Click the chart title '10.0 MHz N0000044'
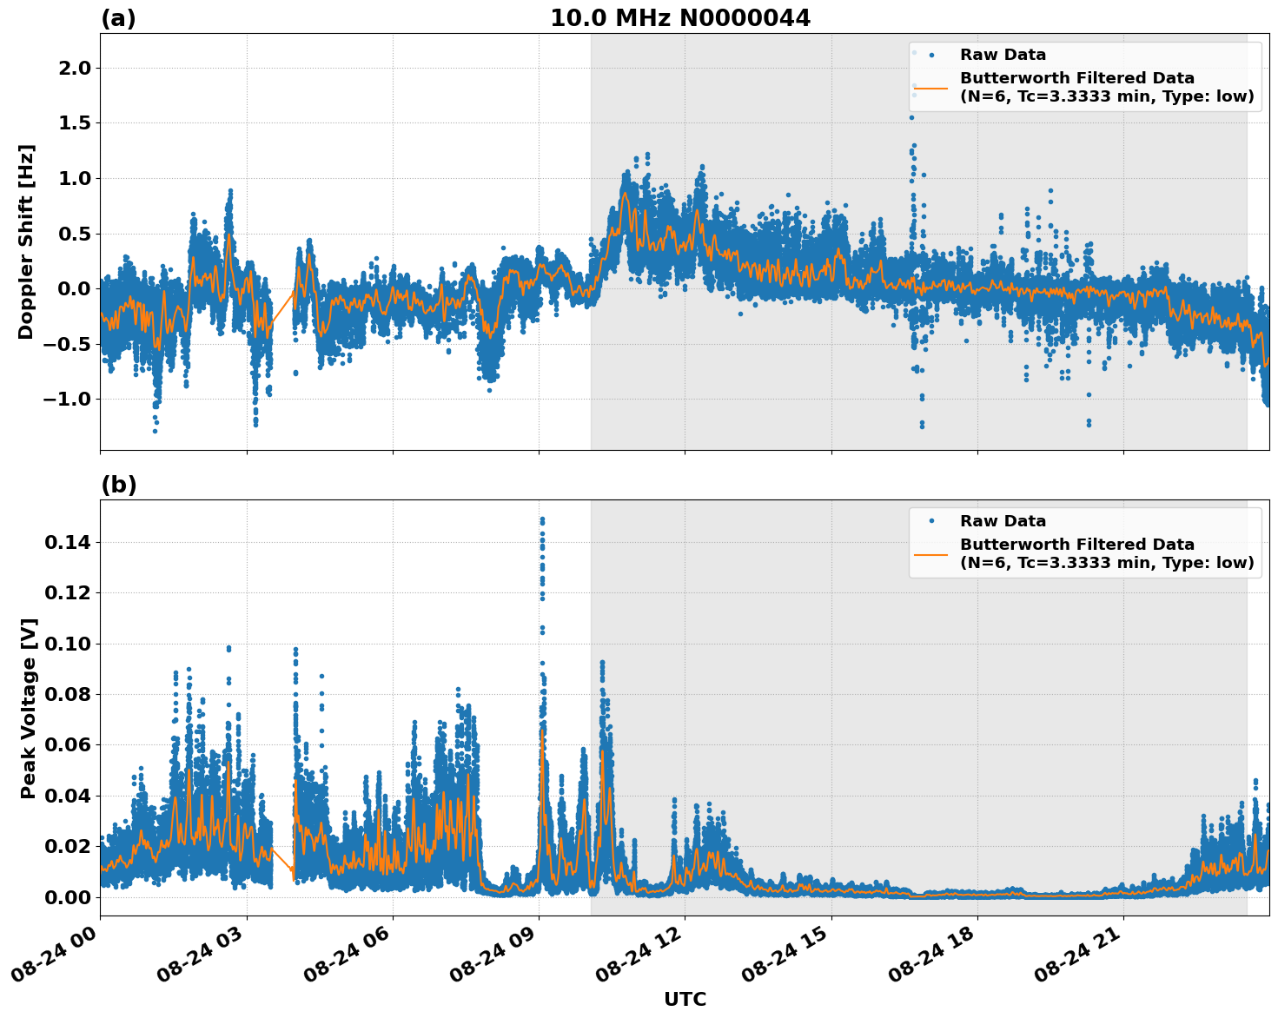[679, 18]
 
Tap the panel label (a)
[118, 18]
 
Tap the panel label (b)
[118, 485]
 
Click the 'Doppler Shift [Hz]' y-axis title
[26, 241]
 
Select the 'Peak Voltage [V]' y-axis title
[29, 708]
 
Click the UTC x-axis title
[685, 999]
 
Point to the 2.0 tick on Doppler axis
[75, 69]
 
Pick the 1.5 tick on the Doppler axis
[75, 123]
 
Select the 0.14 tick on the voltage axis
[70, 543]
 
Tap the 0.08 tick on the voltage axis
[70, 695]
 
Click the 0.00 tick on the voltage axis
[70, 897]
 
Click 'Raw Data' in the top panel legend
[1003, 55]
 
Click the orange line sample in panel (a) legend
[930, 87]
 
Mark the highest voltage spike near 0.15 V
[542, 520]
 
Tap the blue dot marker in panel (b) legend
[930, 521]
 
